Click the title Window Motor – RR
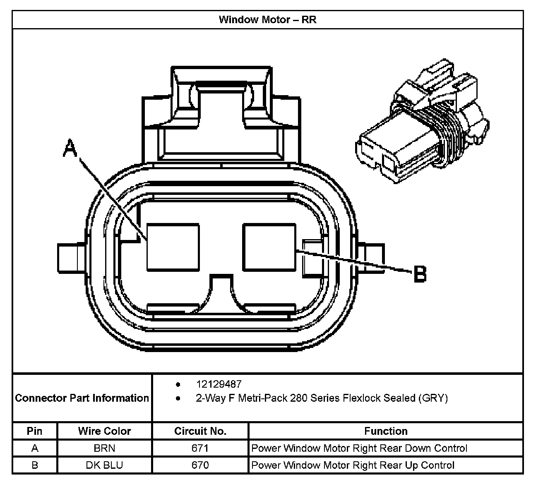(x=267, y=20)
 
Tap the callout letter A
(x=70, y=148)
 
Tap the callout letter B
(x=420, y=274)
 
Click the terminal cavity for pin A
(x=173, y=247)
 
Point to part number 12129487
(x=219, y=384)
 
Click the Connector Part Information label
(x=82, y=398)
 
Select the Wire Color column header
(x=104, y=431)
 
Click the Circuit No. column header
(x=200, y=431)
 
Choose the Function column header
(x=386, y=431)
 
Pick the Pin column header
(x=35, y=431)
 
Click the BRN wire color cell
(x=104, y=448)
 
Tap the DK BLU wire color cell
(x=104, y=465)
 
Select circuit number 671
(x=200, y=448)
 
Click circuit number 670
(x=200, y=465)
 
